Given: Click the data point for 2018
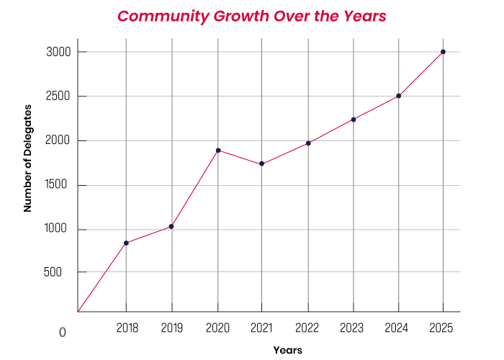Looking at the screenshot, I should tap(126, 243).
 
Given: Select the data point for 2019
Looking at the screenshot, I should tap(171, 227).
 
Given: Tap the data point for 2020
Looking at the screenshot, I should tap(217, 150).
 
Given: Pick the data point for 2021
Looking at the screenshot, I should tap(262, 164).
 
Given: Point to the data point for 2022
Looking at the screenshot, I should tap(308, 143).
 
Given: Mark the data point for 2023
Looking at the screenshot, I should tap(354, 120).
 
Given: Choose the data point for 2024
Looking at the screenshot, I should tap(398, 96).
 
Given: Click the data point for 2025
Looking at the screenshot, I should tap(443, 52).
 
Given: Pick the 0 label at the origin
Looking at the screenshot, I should tap(63, 333).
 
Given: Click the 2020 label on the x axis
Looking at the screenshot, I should tap(217, 328).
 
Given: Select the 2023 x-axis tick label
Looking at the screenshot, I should tap(353, 328).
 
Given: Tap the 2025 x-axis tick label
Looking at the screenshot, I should tap(441, 328).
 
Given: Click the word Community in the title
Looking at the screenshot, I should tap(161, 17).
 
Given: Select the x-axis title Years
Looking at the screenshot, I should tap(287, 351).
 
